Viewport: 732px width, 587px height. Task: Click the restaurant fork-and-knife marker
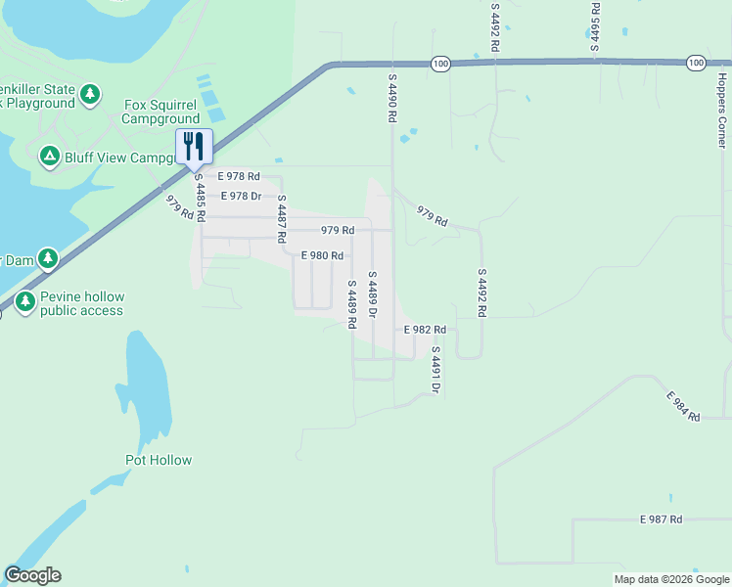[194, 147]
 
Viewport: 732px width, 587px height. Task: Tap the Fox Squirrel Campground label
[160, 113]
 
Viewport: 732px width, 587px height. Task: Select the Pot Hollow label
[159, 460]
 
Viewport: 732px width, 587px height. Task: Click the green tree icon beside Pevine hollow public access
[24, 303]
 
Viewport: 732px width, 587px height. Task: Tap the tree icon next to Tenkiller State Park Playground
[90, 95]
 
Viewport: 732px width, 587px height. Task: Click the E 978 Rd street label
[239, 176]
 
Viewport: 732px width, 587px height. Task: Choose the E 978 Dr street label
[241, 196]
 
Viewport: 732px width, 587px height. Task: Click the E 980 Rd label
[322, 255]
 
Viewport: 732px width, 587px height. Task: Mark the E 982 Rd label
[426, 330]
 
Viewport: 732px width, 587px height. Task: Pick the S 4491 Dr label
[435, 370]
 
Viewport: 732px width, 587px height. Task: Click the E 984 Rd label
[684, 407]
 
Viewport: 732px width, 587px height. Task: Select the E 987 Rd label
[661, 519]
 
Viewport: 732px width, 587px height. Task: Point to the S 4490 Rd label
[391, 97]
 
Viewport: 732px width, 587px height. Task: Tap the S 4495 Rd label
[594, 25]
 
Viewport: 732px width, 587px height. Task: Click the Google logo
[32, 575]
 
